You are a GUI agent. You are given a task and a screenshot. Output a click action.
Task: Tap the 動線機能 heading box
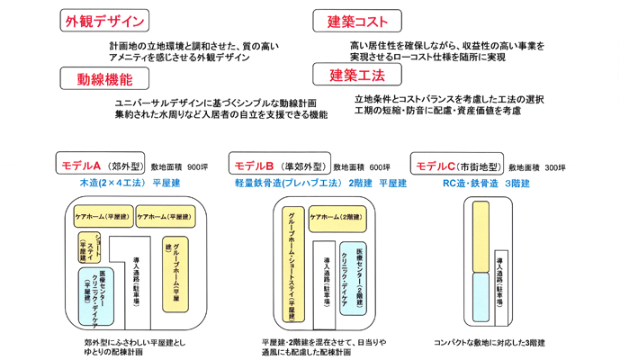tap(105, 78)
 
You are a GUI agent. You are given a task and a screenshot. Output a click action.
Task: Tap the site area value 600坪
tap(379, 167)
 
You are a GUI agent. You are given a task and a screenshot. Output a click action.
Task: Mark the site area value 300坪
tap(555, 167)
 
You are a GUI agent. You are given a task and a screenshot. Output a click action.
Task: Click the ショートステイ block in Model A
tap(89, 247)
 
